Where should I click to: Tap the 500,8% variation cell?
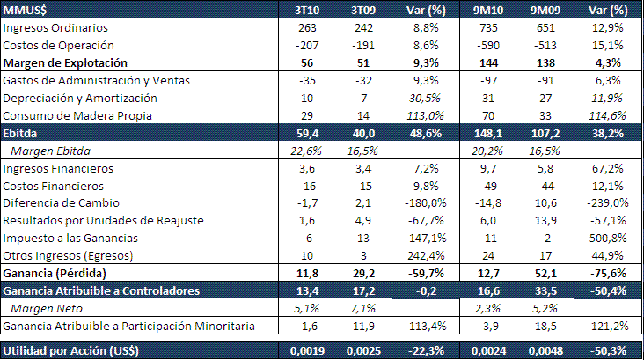point(606,239)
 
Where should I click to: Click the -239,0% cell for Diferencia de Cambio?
point(604,203)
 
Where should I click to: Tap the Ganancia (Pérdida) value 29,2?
point(364,273)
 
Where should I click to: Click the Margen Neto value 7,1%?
point(364,308)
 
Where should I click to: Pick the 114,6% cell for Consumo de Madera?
point(606,115)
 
